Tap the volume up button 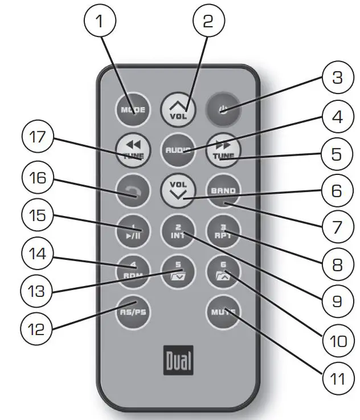tap(178, 107)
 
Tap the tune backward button tap(132, 150)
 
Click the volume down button tap(178, 190)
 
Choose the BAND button tap(224, 190)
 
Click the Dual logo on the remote tap(178, 360)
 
